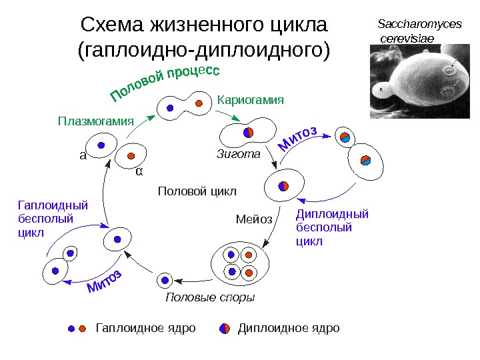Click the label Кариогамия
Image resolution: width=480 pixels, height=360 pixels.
[x=251, y=100]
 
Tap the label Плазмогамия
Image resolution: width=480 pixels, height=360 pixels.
[x=96, y=121]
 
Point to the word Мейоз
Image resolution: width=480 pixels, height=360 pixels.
[x=254, y=219]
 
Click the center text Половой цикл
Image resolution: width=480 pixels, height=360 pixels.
[x=197, y=192]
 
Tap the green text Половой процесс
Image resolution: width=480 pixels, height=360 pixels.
[x=164, y=85]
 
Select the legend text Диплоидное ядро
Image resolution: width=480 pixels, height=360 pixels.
[x=289, y=329]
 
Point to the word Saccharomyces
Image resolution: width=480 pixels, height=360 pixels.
[x=419, y=25]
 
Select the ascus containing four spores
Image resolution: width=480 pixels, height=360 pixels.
[x=240, y=263]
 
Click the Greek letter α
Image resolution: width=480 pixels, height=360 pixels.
[x=139, y=172]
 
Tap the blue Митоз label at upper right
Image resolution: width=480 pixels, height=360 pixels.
[x=297, y=138]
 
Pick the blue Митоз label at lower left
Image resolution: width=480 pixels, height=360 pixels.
[x=105, y=283]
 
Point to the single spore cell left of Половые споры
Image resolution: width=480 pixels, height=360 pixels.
[x=165, y=280]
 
